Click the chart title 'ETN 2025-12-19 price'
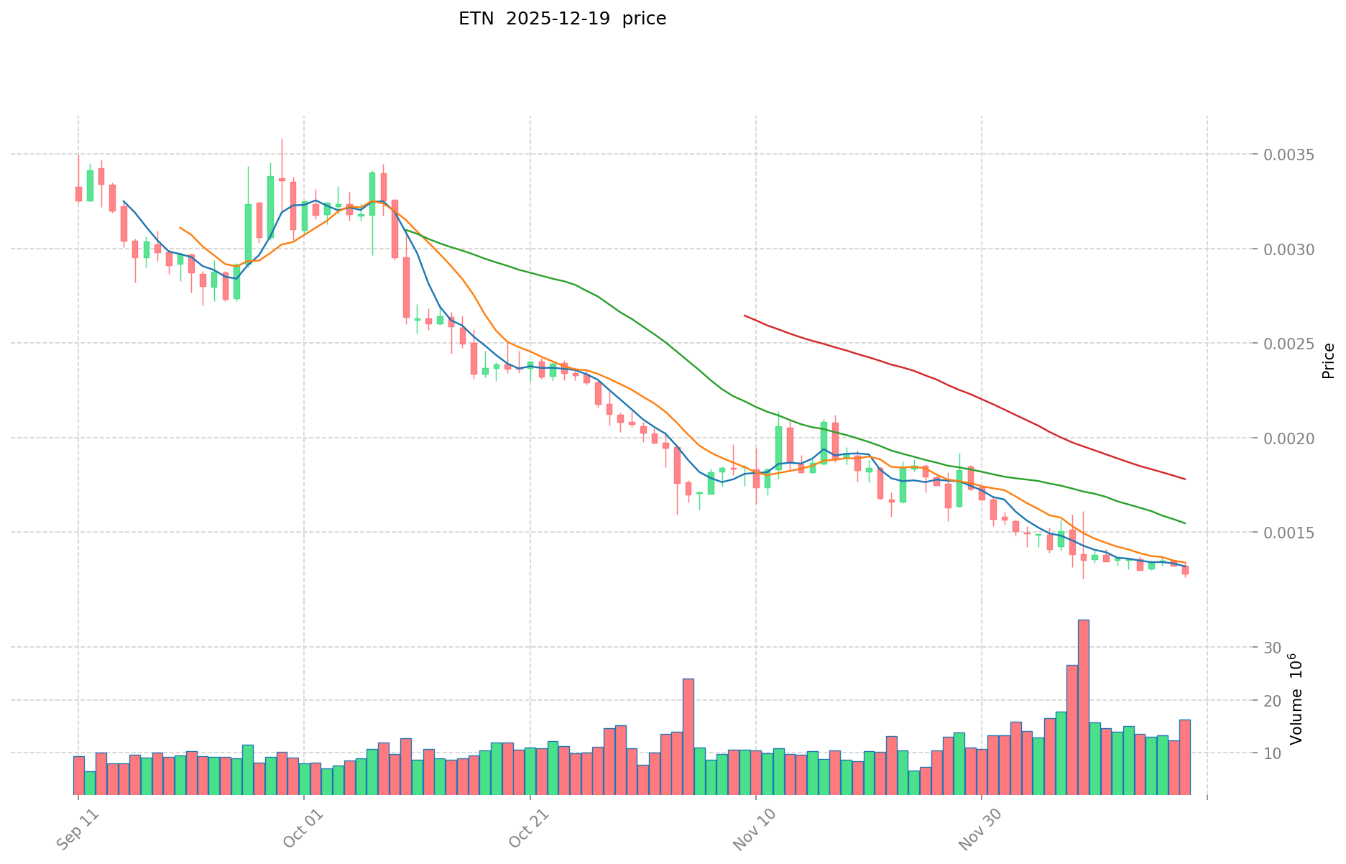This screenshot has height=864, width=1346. (562, 19)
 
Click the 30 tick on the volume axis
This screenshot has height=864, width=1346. (1272, 648)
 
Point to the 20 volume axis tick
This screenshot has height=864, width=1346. (1272, 701)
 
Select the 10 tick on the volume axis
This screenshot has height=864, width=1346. (1272, 753)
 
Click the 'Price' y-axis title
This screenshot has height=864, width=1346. (1328, 361)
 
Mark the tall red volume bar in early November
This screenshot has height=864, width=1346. (688, 736)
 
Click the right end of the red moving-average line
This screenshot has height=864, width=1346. (1185, 479)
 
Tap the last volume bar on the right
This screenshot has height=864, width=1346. (1185, 756)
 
